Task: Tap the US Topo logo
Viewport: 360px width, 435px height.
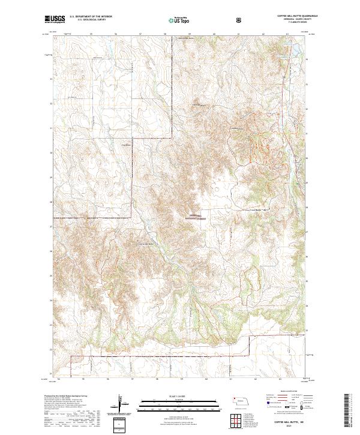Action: pyautogui.click(x=173, y=20)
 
